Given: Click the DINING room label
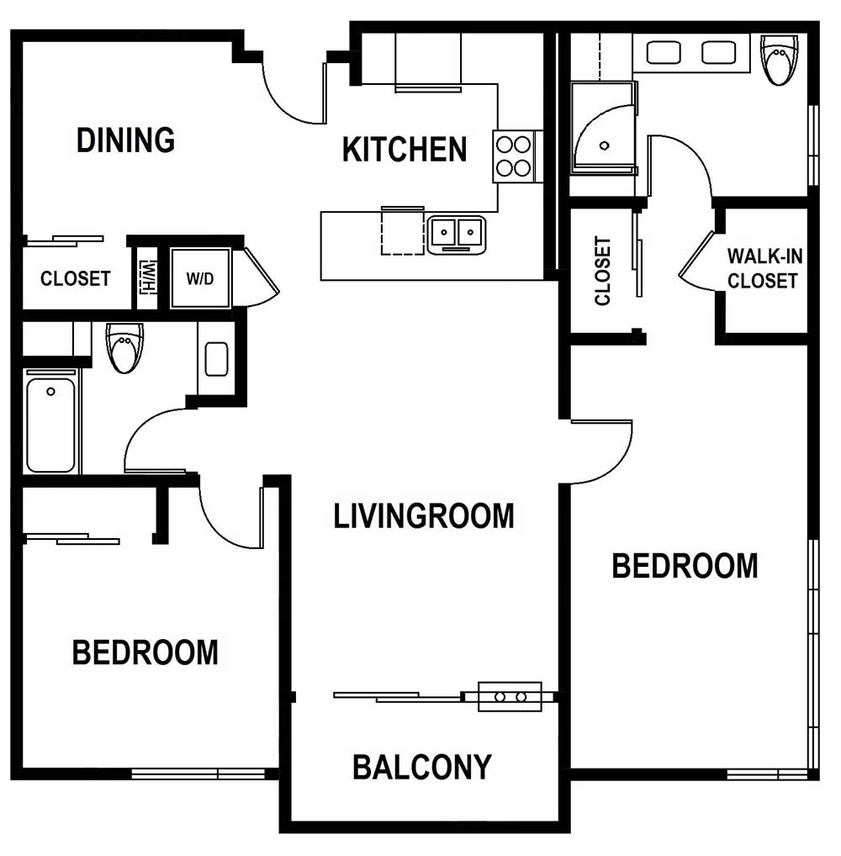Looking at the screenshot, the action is pyautogui.click(x=125, y=140).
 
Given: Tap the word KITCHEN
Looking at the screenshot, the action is pyautogui.click(x=405, y=150).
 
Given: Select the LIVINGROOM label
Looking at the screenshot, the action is pyautogui.click(x=424, y=516).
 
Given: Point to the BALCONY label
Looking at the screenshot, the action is pyautogui.click(x=422, y=767).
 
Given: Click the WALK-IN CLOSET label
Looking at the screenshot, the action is pyautogui.click(x=764, y=268).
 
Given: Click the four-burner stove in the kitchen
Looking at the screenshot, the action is pyautogui.click(x=513, y=156).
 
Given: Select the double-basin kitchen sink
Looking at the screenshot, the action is pyautogui.click(x=457, y=235).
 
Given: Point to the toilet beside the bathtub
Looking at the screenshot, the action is pyautogui.click(x=124, y=347).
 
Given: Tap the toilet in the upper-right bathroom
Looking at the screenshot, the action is pyautogui.click(x=780, y=60).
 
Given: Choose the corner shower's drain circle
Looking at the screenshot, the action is pyautogui.click(x=604, y=145).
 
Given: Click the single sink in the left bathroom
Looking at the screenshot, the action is pyautogui.click(x=216, y=359).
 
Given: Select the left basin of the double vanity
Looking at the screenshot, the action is pyautogui.click(x=664, y=53).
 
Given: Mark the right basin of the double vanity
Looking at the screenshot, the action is pyautogui.click(x=719, y=53).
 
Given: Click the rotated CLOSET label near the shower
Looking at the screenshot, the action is pyautogui.click(x=602, y=271).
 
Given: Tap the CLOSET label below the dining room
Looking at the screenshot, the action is pyautogui.click(x=76, y=278).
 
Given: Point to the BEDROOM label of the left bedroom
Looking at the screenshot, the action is pyautogui.click(x=145, y=653).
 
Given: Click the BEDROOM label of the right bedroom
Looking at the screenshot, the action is pyautogui.click(x=685, y=566).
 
